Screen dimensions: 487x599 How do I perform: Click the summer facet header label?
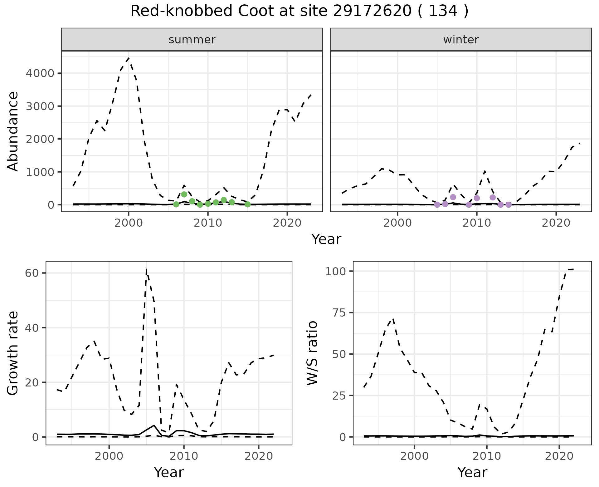click(x=192, y=40)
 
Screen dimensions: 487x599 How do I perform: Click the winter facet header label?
click(x=461, y=40)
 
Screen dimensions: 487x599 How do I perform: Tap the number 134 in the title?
click(x=443, y=11)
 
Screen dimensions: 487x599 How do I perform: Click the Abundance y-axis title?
click(x=13, y=131)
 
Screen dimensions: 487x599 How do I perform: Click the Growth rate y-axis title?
click(x=13, y=353)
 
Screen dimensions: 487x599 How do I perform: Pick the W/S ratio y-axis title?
click(x=312, y=353)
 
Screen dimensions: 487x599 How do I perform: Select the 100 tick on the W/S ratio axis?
click(x=336, y=271)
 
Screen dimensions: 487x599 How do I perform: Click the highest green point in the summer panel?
click(x=184, y=194)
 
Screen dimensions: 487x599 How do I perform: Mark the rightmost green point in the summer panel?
click(x=247, y=204)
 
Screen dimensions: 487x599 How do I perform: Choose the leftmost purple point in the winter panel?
click(x=437, y=205)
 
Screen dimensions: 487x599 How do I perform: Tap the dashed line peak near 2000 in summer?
click(x=129, y=58)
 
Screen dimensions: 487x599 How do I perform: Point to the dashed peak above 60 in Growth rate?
click(x=147, y=269)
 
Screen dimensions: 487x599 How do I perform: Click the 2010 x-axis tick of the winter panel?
click(x=477, y=223)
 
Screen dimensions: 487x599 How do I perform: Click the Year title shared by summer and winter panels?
click(x=326, y=239)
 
